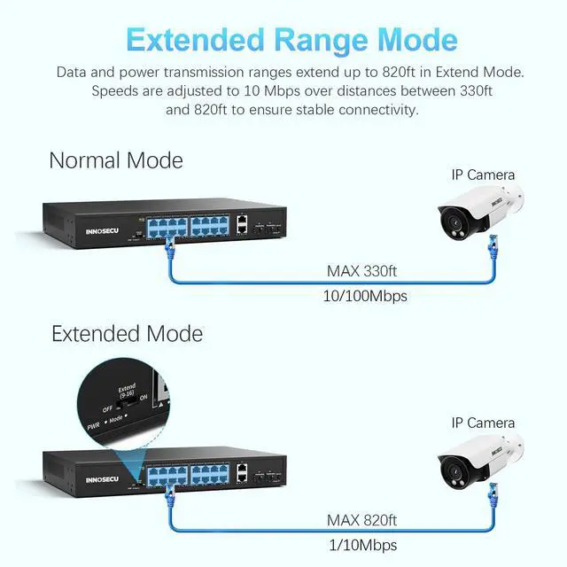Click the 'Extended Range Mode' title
(291, 40)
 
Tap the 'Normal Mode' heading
(116, 160)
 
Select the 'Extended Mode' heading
(127, 334)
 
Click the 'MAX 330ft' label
(362, 271)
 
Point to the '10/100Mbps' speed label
(366, 296)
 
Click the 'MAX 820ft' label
(361, 520)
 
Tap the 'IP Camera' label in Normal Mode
(483, 175)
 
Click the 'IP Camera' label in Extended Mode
(483, 423)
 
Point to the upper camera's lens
(450, 216)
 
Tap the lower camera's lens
(450, 466)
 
